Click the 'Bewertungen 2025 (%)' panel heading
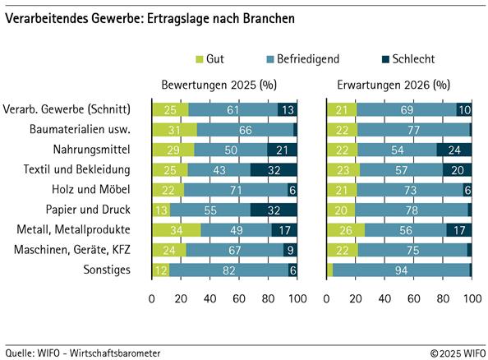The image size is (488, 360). (x=223, y=85)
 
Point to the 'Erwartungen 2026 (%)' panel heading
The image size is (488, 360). (x=398, y=85)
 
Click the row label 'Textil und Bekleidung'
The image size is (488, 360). (x=79, y=169)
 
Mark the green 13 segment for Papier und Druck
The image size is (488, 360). (x=161, y=210)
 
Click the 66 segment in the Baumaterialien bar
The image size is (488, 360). (x=245, y=129)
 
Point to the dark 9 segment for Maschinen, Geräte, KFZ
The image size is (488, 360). (x=290, y=250)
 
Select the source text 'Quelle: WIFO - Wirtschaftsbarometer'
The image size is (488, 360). (x=83, y=352)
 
